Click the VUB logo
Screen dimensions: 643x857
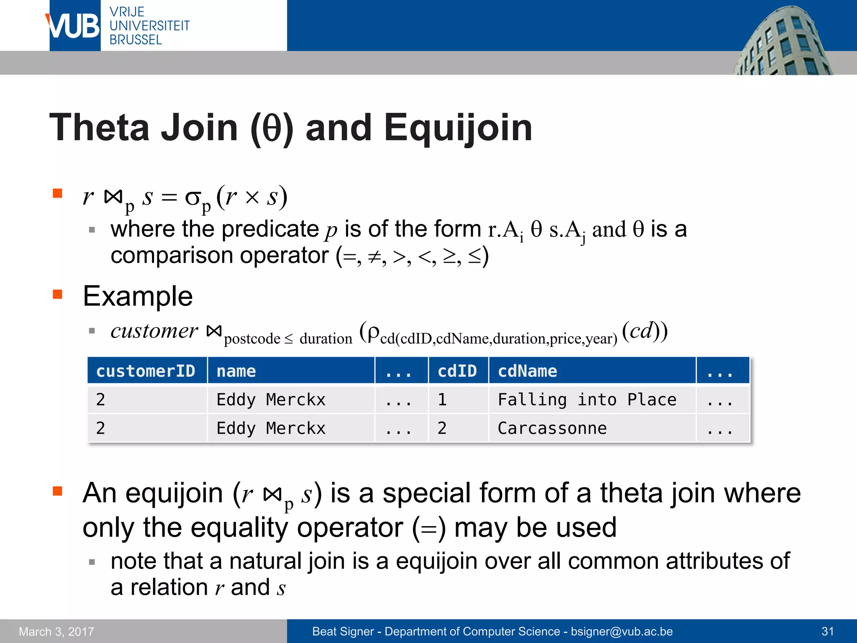(x=74, y=26)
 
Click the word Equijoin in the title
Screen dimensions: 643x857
(x=458, y=128)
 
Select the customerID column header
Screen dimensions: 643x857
(x=146, y=371)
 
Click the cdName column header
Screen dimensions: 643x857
(x=527, y=371)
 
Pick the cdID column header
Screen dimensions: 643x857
(x=457, y=371)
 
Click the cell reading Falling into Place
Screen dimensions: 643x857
(x=587, y=400)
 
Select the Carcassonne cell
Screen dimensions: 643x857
(x=552, y=428)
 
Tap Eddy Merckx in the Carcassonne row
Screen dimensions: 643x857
(x=271, y=428)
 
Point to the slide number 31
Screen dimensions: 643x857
(x=828, y=631)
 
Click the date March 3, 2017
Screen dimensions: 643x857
(x=56, y=631)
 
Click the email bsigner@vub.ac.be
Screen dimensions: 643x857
(x=622, y=631)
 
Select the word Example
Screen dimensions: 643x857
(x=138, y=296)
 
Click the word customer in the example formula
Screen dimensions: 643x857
(x=154, y=331)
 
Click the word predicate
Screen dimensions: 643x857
(x=270, y=229)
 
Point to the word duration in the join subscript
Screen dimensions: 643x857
(x=326, y=339)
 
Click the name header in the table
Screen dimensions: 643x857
(x=236, y=371)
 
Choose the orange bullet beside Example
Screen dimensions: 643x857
(x=57, y=294)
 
